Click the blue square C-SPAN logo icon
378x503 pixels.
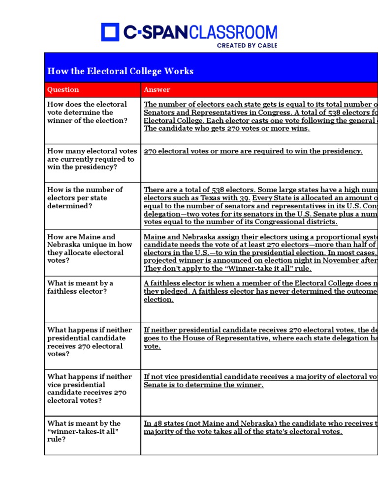pyautogui.click(x=110, y=32)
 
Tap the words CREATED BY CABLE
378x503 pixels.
pyautogui.click(x=247, y=45)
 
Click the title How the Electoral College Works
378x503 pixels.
pyautogui.click(x=120, y=71)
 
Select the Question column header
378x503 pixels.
pyautogui.click(x=63, y=89)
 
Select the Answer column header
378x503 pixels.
pyautogui.click(x=157, y=89)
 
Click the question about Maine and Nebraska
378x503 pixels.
pyautogui.click(x=89, y=249)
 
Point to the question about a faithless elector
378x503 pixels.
pyautogui.click(x=80, y=287)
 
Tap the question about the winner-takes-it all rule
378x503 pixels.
pyautogui.click(x=83, y=431)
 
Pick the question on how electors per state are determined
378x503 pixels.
pyautogui.click(x=85, y=197)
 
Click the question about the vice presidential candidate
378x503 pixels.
pyautogui.click(x=89, y=389)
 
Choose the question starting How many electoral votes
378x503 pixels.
pyautogui.click(x=91, y=159)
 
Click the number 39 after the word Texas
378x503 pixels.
pyautogui.click(x=245, y=198)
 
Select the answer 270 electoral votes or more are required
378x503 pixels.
pyautogui.click(x=253, y=151)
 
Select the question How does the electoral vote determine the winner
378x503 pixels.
pyautogui.click(x=87, y=112)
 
